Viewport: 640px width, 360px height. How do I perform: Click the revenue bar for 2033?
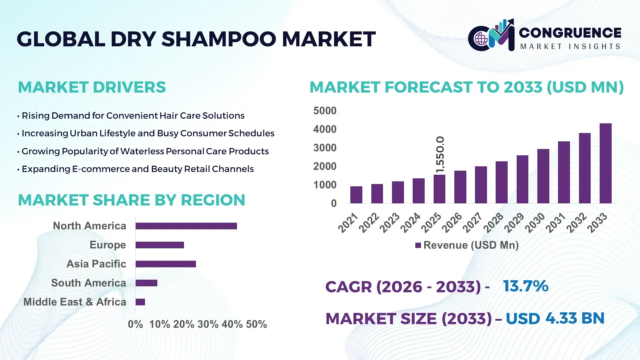[605, 163]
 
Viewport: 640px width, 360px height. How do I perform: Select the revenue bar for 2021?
[356, 195]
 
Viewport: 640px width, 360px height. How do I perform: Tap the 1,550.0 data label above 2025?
[440, 155]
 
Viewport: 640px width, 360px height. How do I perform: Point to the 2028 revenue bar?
[501, 182]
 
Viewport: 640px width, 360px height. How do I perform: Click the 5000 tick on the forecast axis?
[325, 111]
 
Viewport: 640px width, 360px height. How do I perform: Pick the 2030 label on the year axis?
[535, 223]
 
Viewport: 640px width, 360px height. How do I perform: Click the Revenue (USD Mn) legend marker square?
[418, 245]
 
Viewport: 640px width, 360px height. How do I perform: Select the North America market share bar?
[186, 226]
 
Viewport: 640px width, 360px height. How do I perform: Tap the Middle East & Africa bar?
[140, 302]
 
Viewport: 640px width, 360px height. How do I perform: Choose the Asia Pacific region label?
[96, 264]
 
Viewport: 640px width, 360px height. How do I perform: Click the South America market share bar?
[146, 283]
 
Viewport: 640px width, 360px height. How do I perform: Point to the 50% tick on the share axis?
[256, 324]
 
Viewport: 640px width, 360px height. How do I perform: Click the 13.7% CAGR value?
[525, 286]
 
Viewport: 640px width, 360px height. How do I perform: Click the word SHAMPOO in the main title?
[219, 39]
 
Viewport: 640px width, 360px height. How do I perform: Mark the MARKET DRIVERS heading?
[92, 87]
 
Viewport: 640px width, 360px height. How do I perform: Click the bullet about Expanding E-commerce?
[137, 169]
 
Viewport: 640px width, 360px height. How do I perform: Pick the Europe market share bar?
[160, 245]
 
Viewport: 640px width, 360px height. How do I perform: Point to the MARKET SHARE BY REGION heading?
[131, 200]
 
